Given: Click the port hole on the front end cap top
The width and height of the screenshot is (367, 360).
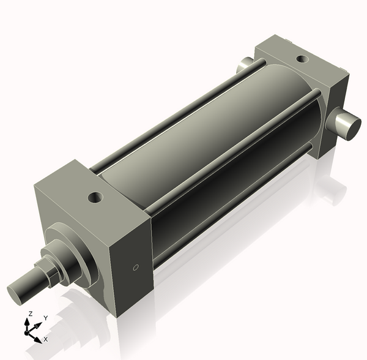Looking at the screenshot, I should [95, 198].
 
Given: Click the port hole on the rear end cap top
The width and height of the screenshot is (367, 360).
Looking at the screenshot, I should [302, 59].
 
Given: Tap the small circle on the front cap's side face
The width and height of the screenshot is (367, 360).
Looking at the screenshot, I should [136, 267].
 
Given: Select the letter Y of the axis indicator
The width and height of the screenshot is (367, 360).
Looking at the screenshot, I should [45, 318].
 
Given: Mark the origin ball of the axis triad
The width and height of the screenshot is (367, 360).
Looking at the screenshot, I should [28, 331].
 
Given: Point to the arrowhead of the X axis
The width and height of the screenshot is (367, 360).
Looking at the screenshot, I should [39, 337].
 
